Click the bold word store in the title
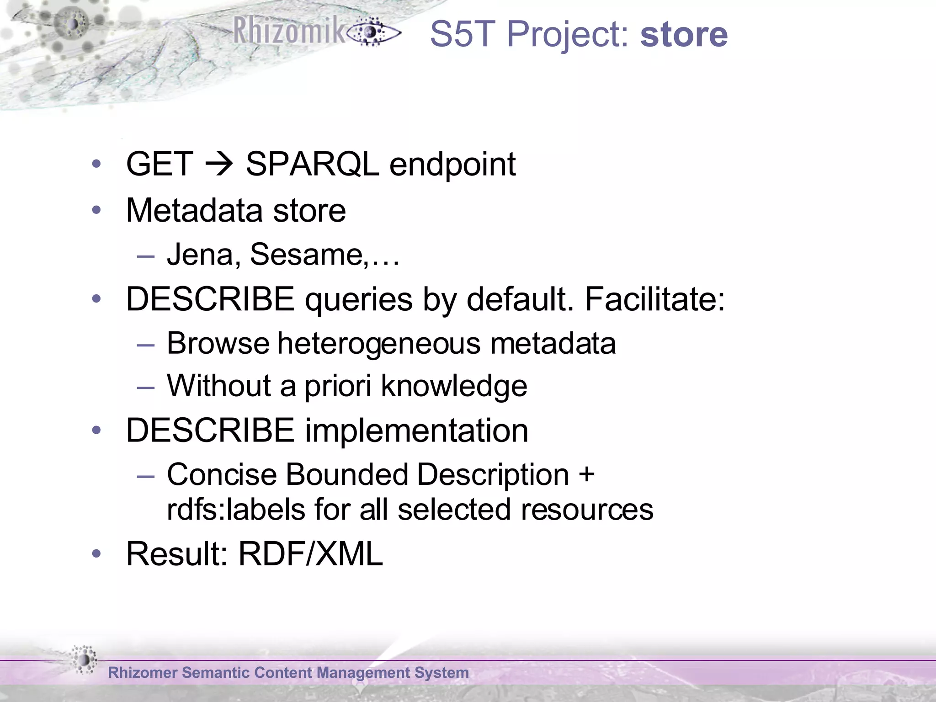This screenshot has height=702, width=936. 684,35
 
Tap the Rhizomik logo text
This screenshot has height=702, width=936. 289,31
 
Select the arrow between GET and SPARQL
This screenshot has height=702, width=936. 219,164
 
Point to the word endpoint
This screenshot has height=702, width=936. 452,165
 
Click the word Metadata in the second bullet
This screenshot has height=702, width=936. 194,211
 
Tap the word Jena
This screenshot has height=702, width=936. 200,255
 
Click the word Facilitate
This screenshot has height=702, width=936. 654,299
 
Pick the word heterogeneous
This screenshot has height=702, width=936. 379,344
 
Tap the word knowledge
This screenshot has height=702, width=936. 454,387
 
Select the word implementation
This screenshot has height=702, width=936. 416,431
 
